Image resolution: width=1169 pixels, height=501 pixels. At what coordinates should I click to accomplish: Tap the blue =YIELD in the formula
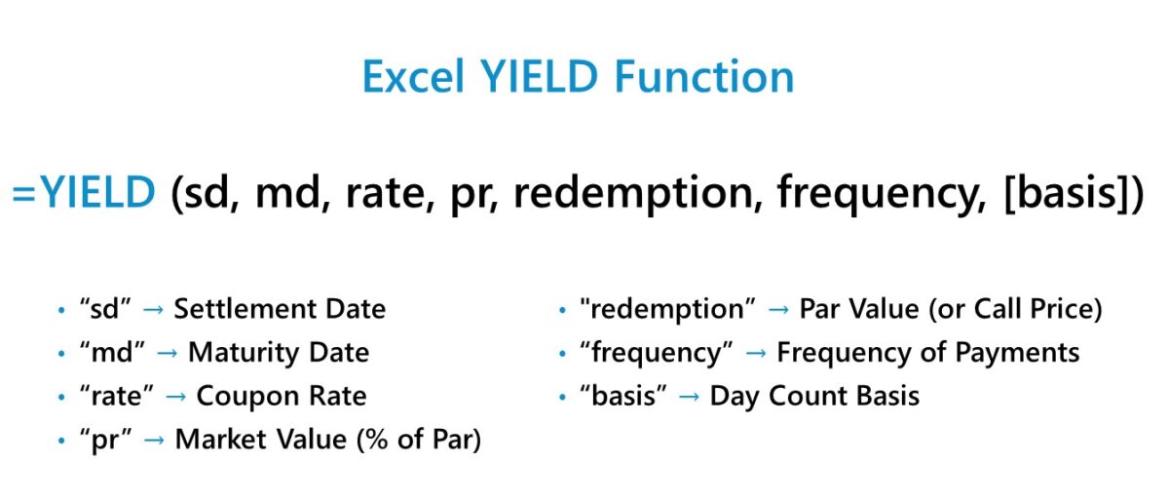[x=84, y=193]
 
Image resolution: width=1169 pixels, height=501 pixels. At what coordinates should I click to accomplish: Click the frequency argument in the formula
[x=877, y=193]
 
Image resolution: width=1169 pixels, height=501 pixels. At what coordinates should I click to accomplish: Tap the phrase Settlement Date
[x=280, y=309]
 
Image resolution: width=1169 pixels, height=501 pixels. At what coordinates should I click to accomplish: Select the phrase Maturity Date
[x=279, y=352]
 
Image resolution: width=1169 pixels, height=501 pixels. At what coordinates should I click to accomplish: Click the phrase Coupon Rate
[x=282, y=396]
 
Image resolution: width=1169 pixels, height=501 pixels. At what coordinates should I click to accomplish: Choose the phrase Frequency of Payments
[x=927, y=352]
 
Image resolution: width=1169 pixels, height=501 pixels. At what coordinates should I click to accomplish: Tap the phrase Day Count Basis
[x=814, y=396]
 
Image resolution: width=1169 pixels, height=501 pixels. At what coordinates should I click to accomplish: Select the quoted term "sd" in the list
[x=105, y=309]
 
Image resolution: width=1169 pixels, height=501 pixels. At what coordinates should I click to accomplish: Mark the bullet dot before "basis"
[x=563, y=397]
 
